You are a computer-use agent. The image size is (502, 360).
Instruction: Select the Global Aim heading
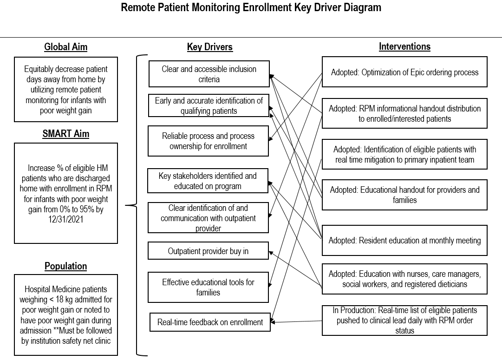(x=65, y=47)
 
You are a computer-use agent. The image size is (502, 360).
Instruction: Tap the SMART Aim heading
(x=65, y=134)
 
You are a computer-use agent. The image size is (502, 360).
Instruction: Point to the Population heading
(x=65, y=266)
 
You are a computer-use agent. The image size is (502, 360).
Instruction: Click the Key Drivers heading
(x=210, y=47)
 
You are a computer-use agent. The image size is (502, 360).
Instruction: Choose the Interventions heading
(x=404, y=46)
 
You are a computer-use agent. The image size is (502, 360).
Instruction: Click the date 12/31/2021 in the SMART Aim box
(x=65, y=219)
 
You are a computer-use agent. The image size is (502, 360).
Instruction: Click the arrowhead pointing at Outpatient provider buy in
(x=271, y=253)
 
